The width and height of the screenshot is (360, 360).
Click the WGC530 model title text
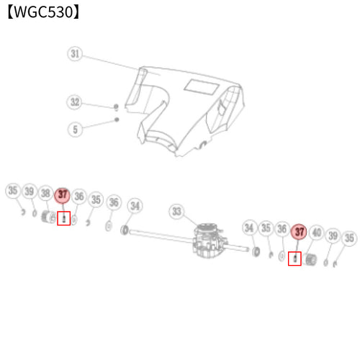[43, 12]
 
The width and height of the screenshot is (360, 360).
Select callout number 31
[75, 54]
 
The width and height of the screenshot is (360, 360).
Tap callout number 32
[74, 102]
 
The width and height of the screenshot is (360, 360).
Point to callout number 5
[75, 130]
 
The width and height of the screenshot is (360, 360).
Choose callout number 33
[176, 212]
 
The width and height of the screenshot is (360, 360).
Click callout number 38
[45, 193]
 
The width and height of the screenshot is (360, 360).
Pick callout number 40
[317, 233]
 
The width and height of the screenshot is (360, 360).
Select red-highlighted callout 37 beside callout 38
[63, 195]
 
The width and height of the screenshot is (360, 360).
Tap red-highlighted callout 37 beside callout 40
[299, 232]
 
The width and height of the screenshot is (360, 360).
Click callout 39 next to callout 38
[30, 192]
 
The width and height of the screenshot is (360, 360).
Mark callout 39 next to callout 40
[333, 235]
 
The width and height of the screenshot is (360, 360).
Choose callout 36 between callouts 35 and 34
[114, 202]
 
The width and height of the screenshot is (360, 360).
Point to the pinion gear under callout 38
[48, 217]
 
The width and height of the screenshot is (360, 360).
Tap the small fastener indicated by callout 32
[116, 107]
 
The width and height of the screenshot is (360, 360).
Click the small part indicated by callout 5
[117, 120]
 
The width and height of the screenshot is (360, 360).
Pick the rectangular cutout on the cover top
[202, 87]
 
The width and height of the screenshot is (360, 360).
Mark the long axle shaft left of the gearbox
[161, 236]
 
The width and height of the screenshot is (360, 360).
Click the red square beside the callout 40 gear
[294, 258]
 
